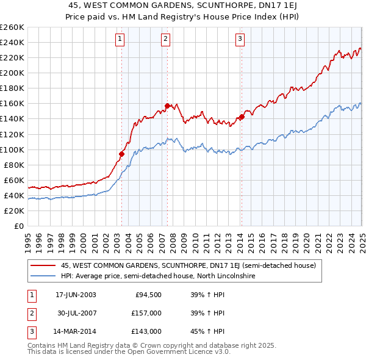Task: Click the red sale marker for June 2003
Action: (121, 154)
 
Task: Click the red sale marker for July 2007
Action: (167, 106)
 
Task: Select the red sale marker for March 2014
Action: (241, 117)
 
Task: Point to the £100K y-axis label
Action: (12, 149)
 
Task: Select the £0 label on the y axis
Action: (19, 226)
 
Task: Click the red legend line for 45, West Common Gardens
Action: (43, 265)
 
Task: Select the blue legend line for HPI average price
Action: (43, 276)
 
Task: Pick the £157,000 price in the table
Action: (146, 313)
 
